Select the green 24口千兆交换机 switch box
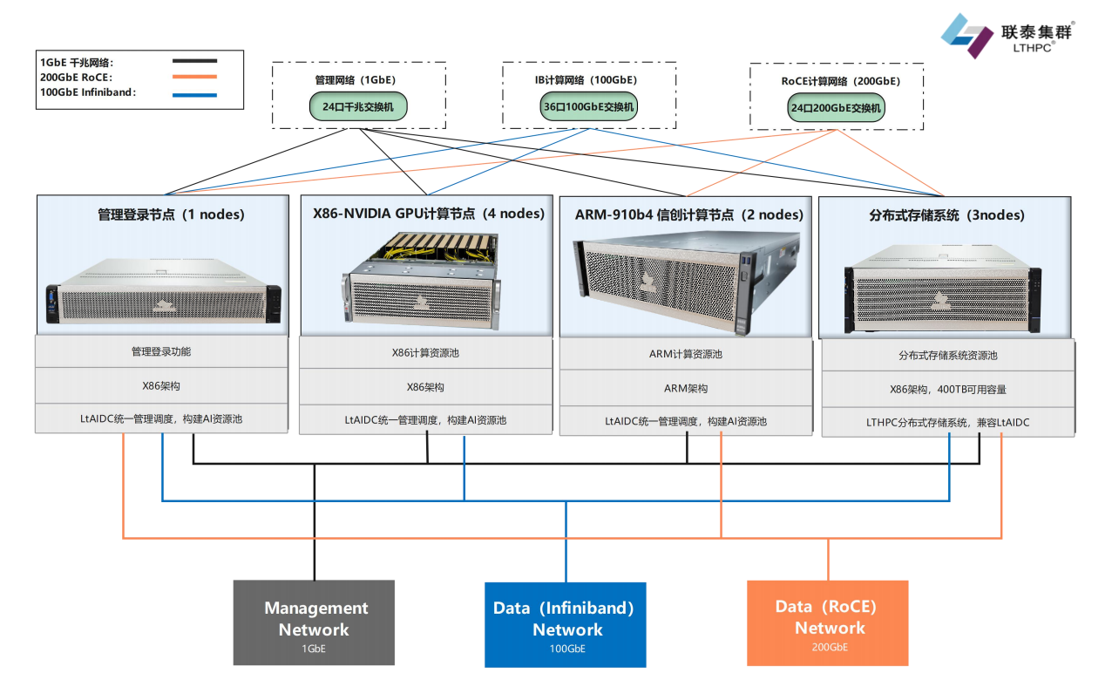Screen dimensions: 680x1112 tap(358, 107)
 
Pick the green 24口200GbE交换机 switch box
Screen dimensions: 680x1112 tap(836, 109)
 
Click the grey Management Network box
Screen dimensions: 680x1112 tap(315, 622)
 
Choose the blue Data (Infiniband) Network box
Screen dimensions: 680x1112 tap(565, 623)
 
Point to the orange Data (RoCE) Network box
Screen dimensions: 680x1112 tap(827, 622)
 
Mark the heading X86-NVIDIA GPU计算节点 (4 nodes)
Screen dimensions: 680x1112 tap(428, 214)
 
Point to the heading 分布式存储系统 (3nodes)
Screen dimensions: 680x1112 tap(946, 214)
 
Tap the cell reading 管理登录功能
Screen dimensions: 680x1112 tap(161, 352)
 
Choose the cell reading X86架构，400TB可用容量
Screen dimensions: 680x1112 tap(947, 390)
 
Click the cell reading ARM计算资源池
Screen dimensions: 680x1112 tap(685, 355)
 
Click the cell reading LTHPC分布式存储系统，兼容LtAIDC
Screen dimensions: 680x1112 tap(947, 423)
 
